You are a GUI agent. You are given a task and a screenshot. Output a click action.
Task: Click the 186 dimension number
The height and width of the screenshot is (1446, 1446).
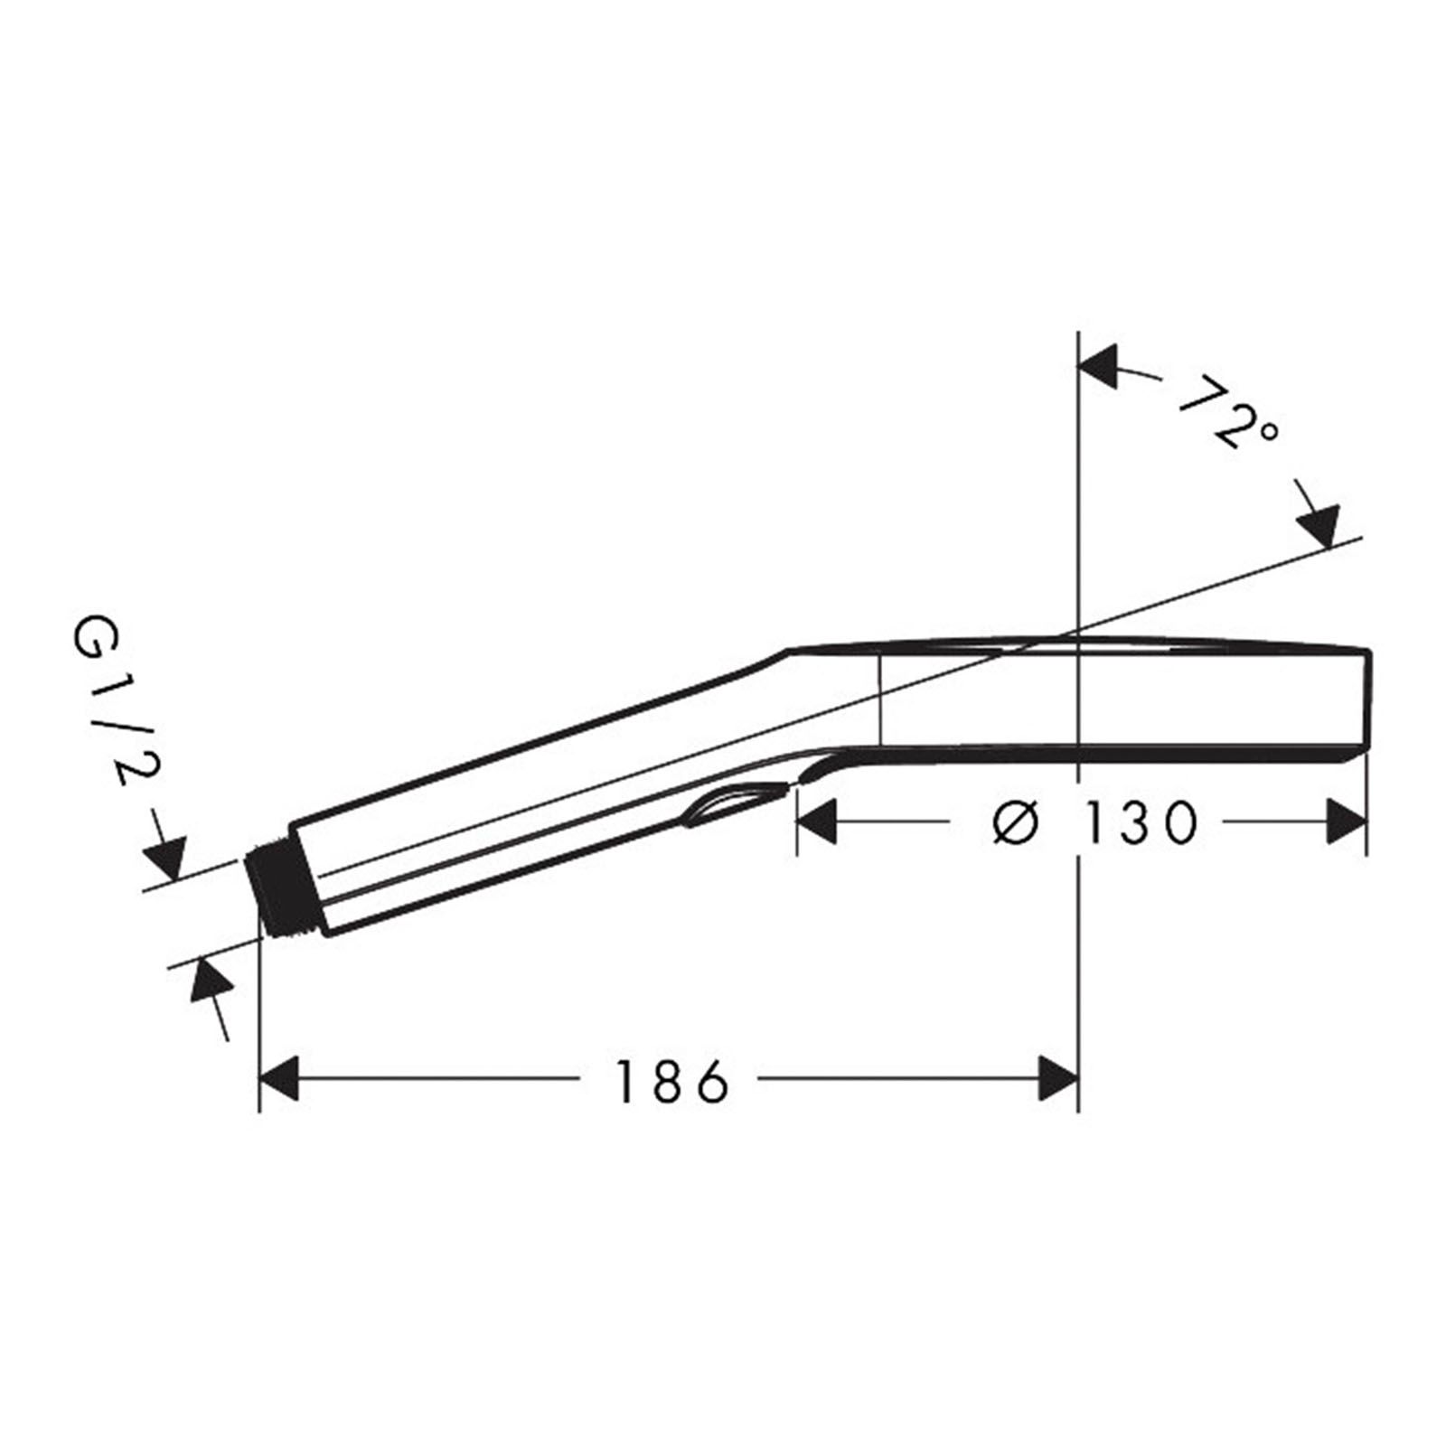671,1081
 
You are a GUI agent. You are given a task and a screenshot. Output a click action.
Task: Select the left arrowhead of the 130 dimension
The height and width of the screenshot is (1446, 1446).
815,822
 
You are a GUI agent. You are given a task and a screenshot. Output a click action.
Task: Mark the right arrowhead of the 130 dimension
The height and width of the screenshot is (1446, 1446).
1346,822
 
